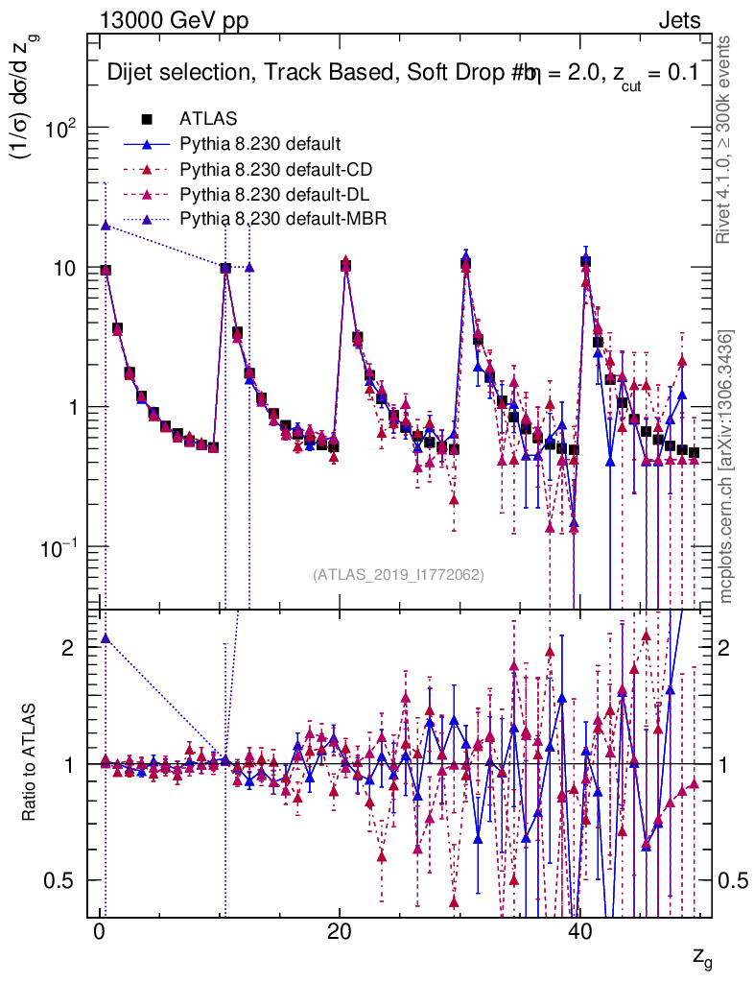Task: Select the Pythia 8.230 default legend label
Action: click(260, 145)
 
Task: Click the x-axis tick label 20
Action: click(339, 931)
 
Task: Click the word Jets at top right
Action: click(680, 21)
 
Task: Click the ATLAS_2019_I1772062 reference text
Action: click(398, 575)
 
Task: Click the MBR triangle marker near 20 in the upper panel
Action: click(106, 225)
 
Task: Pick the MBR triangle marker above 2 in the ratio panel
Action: click(106, 638)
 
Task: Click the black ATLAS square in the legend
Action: click(148, 119)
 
